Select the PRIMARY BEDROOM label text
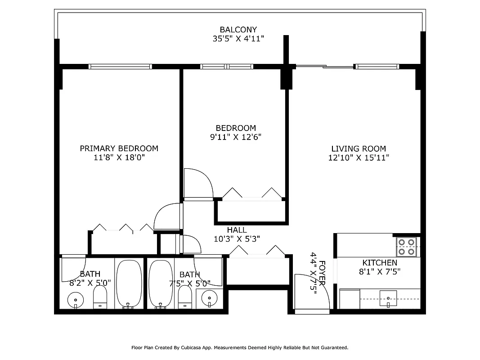coord(119,148)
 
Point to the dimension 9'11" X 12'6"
coord(236,137)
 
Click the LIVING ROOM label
coord(358,149)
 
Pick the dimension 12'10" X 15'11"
coord(358,158)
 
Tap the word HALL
coord(237,230)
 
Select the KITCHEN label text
coord(380,263)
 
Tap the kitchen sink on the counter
coord(389,297)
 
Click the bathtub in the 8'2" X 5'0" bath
coord(129,283)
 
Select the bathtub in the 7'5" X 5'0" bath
coord(161,283)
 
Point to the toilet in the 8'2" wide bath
coord(100,297)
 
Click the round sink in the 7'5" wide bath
coord(209,297)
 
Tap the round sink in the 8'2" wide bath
coord(76,299)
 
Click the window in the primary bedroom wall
coord(120,67)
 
